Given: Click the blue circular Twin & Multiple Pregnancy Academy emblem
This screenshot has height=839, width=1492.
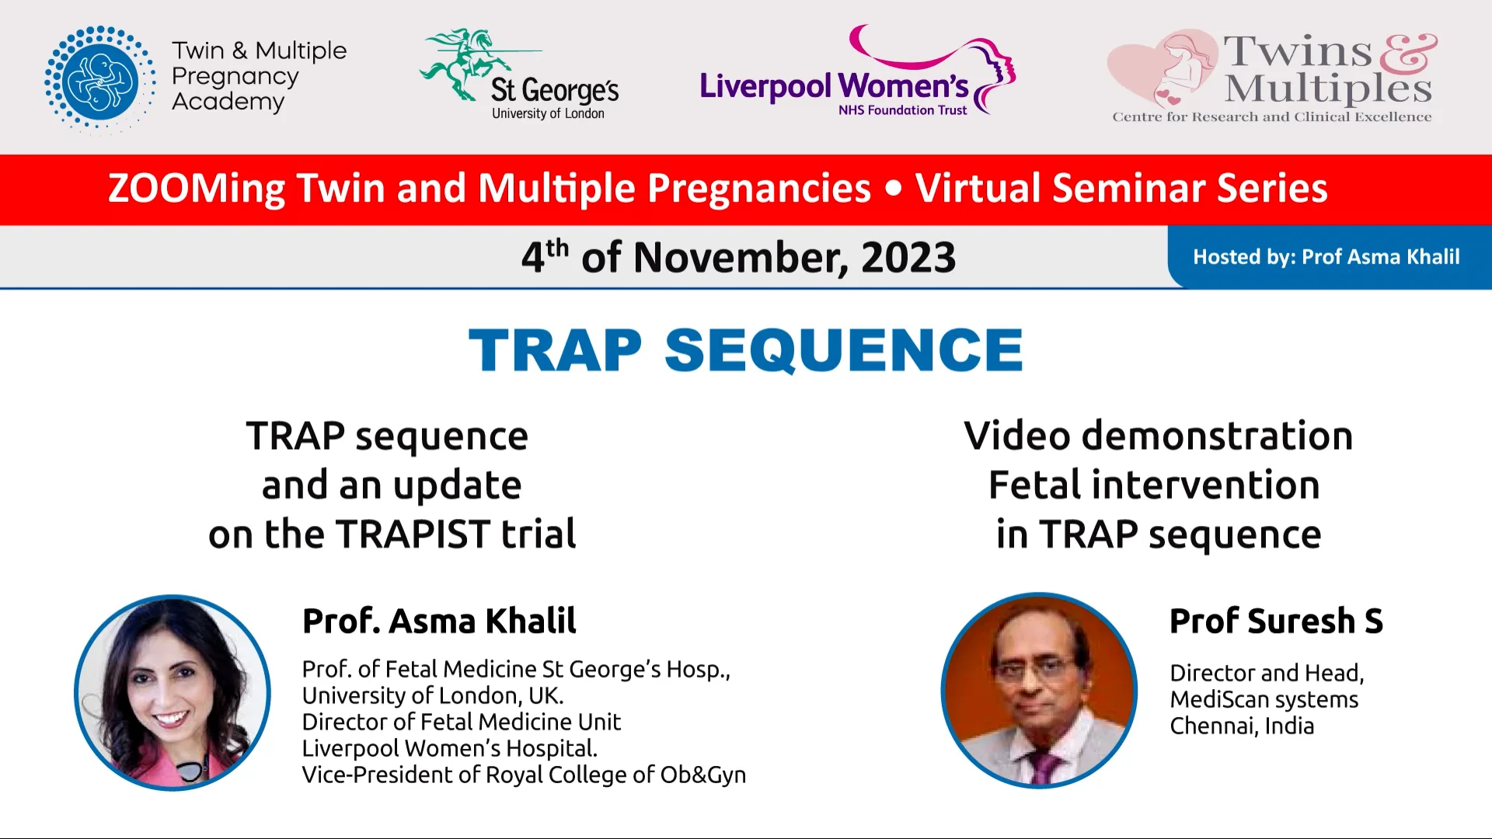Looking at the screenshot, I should pyautogui.click(x=99, y=79).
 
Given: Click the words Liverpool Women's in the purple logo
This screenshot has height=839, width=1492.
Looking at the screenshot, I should pyautogui.click(x=833, y=86).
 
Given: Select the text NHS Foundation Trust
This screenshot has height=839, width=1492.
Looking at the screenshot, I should pyautogui.click(x=902, y=110).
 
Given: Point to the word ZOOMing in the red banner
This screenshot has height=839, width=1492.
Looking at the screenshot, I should pyautogui.click(x=196, y=189).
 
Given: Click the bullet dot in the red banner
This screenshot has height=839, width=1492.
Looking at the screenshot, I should pyautogui.click(x=893, y=189).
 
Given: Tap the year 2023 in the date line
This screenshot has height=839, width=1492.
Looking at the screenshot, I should pyautogui.click(x=908, y=258).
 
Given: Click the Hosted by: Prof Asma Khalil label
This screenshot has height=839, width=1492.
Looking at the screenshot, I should pyautogui.click(x=1326, y=257).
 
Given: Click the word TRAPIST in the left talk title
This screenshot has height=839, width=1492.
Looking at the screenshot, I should pyautogui.click(x=412, y=534).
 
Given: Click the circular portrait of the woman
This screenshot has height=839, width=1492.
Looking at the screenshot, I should pyautogui.click(x=173, y=692).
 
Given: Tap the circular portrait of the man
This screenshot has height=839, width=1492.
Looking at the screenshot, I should pyautogui.click(x=1038, y=690).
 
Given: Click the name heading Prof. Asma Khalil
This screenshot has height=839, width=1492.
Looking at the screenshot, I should pyautogui.click(x=439, y=621).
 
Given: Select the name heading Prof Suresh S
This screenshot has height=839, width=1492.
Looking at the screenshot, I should pyautogui.click(x=1276, y=621).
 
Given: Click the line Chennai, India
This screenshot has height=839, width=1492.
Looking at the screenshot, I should pyautogui.click(x=1242, y=726).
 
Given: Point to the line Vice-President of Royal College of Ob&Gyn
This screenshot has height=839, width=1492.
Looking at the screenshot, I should pyautogui.click(x=523, y=775).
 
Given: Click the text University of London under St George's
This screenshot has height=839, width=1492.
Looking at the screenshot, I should pyautogui.click(x=548, y=113).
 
